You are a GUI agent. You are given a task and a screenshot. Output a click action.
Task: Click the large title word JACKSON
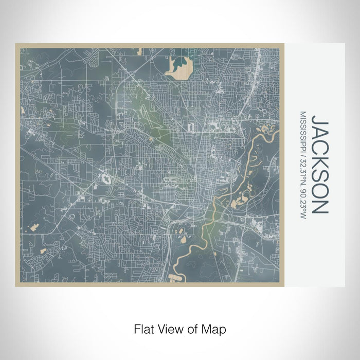click(x=319, y=165)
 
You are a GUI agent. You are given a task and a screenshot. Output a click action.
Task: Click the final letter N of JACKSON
click(x=319, y=207)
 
